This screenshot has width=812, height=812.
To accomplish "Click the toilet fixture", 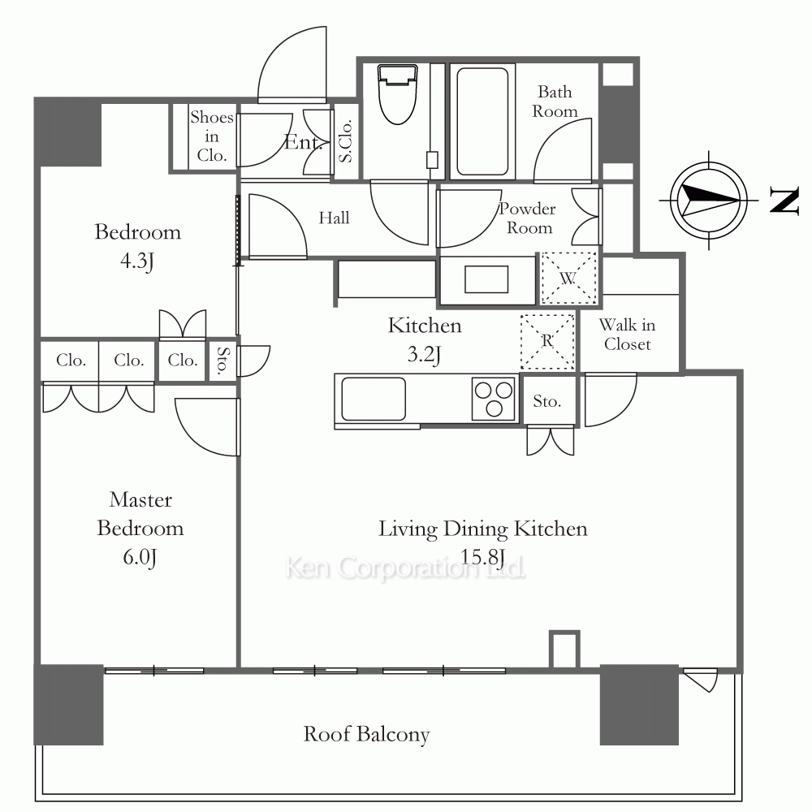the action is coord(398,93).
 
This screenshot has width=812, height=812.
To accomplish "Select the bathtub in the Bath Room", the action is coord(482,122).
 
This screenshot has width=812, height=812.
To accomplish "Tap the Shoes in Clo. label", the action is coord(212,136).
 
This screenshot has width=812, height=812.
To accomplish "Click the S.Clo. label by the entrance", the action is coord(345,140).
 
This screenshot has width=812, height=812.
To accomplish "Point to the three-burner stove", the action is coord(494,399).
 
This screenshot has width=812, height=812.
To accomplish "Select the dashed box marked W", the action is coord(568,279).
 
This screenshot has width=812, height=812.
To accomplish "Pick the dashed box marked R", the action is coord(547,341).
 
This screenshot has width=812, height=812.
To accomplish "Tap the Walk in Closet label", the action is coord(627,335).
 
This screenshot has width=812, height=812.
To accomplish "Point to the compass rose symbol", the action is coord(708,201).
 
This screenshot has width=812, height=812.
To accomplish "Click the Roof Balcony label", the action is coord(367,734).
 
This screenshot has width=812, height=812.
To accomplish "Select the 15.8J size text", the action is coord(482,557).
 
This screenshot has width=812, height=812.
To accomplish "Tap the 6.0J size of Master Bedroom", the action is coord(140,557).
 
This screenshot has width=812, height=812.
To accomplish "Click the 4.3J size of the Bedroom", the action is coord(137,261).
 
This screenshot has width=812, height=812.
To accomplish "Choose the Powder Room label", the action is coord(528,218).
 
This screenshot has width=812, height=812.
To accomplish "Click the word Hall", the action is coord(334,218).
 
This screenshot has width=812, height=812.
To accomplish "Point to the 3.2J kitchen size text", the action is coord(424,355).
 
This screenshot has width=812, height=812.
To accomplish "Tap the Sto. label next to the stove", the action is coord(547,401).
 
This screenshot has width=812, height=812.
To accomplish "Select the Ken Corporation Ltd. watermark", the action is coord(405,568).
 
